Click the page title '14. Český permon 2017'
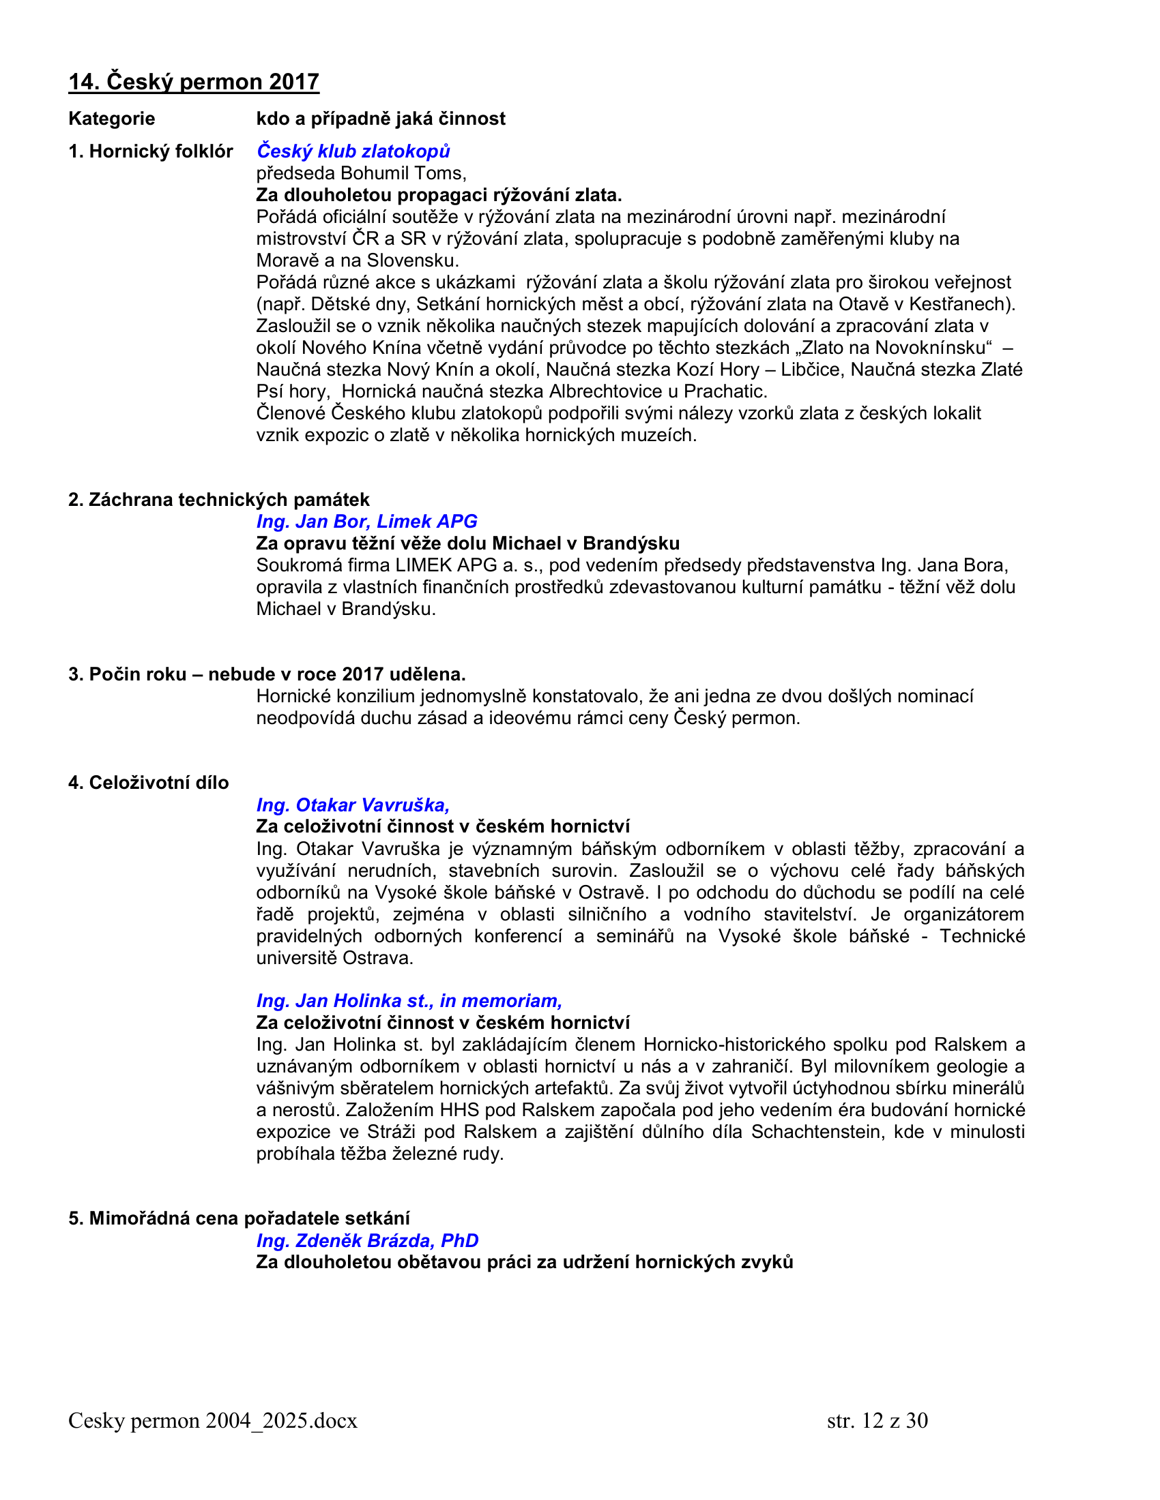point(194,82)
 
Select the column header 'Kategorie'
point(111,119)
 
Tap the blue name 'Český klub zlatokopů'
point(353,151)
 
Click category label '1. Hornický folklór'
point(151,151)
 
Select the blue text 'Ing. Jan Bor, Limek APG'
point(366,522)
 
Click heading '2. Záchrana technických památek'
point(218,499)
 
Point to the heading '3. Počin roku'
point(127,674)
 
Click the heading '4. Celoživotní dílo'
point(149,782)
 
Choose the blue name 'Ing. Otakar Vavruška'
point(351,805)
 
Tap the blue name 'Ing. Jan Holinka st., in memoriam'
point(409,1001)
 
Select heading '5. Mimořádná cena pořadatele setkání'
point(238,1218)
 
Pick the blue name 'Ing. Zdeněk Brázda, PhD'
point(367,1240)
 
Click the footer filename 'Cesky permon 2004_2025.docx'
point(212,1420)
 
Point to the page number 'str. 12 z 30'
point(877,1420)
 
